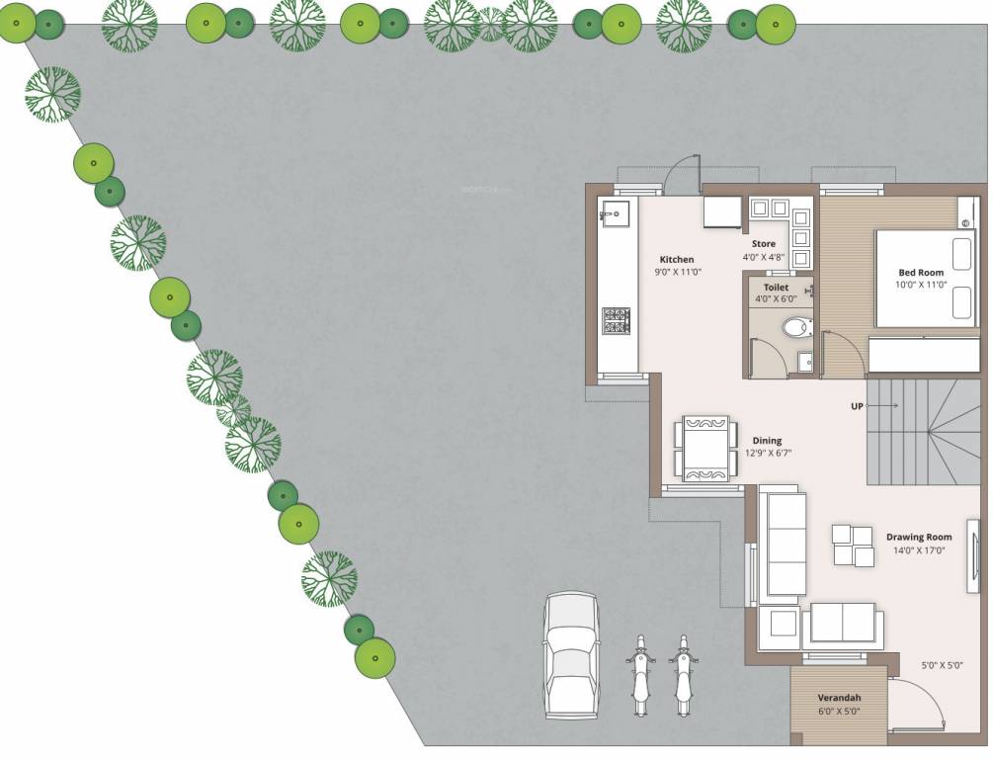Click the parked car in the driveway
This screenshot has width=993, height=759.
[570, 655]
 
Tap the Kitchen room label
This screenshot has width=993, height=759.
[677, 260]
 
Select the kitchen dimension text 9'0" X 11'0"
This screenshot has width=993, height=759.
[677, 272]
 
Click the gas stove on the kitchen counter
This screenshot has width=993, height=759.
[616, 320]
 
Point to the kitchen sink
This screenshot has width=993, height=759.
[614, 211]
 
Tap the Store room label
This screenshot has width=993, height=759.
[763, 244]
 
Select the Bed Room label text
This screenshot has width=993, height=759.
[920, 273]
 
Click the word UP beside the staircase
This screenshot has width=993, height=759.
[858, 406]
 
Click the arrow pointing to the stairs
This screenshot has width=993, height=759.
[884, 406]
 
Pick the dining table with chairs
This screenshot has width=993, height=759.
[706, 448]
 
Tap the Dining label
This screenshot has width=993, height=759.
[767, 441]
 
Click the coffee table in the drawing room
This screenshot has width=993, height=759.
[853, 546]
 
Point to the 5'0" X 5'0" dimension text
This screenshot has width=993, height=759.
[941, 665]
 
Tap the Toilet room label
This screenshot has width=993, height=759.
[776, 288]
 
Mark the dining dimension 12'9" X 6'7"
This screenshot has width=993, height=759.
[768, 454]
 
